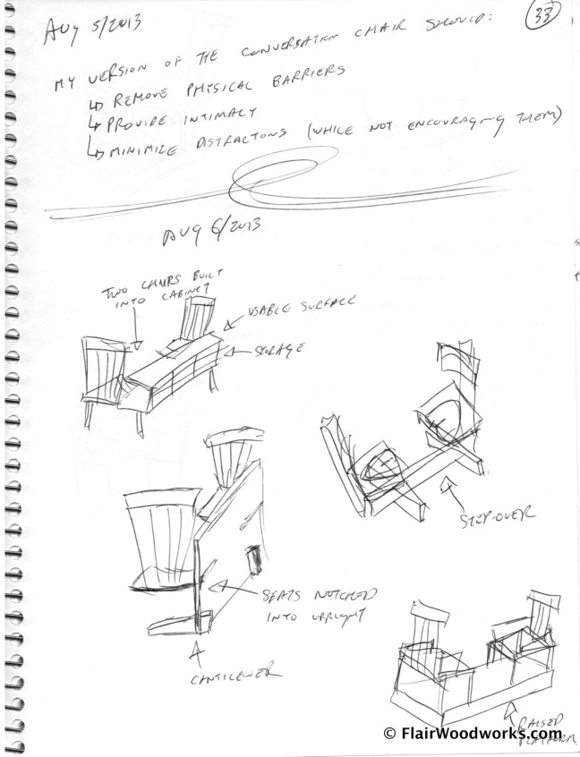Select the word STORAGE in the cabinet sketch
[272, 350]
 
